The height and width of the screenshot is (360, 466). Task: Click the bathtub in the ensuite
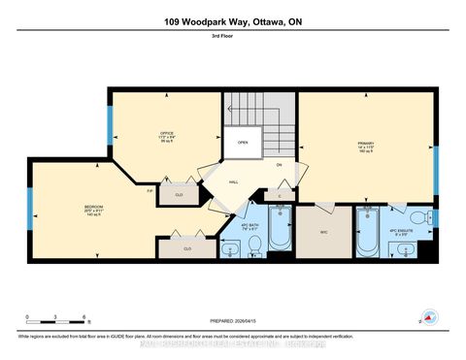point(369,232)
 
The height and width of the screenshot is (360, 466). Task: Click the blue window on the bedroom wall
point(32,205)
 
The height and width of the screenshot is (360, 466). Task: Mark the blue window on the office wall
point(110,124)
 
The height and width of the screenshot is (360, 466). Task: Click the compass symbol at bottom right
point(428,317)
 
